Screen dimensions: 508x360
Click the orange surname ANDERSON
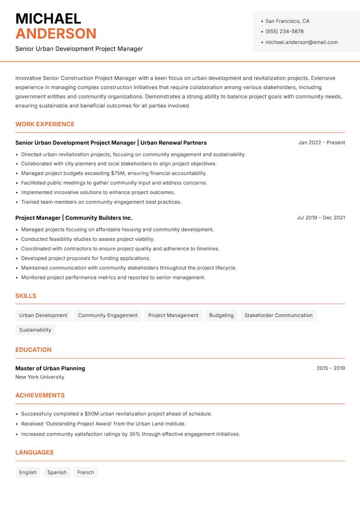coord(56,34)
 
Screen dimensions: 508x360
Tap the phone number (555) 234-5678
coord(284,31)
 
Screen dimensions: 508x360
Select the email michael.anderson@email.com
coord(301,42)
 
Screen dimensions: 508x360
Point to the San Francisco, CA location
coord(287,21)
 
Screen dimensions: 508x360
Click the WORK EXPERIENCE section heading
coord(45,124)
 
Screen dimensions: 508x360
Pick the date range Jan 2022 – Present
coord(321,143)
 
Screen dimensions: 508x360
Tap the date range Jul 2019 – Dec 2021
coord(321,218)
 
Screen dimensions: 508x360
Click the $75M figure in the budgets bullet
coord(118,173)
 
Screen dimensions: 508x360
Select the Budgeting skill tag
coord(221,316)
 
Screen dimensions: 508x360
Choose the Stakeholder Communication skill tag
coord(279,316)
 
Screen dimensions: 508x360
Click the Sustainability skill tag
coord(35,330)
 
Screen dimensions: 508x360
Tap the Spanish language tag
coord(57,472)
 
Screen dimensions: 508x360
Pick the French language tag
coord(85,472)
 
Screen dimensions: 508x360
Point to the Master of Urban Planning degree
coord(50,368)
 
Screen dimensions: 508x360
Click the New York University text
coord(40,377)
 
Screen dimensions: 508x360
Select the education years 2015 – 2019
coord(330,368)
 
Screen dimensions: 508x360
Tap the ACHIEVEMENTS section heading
coord(40,396)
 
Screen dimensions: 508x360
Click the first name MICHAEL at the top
coord(48,18)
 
